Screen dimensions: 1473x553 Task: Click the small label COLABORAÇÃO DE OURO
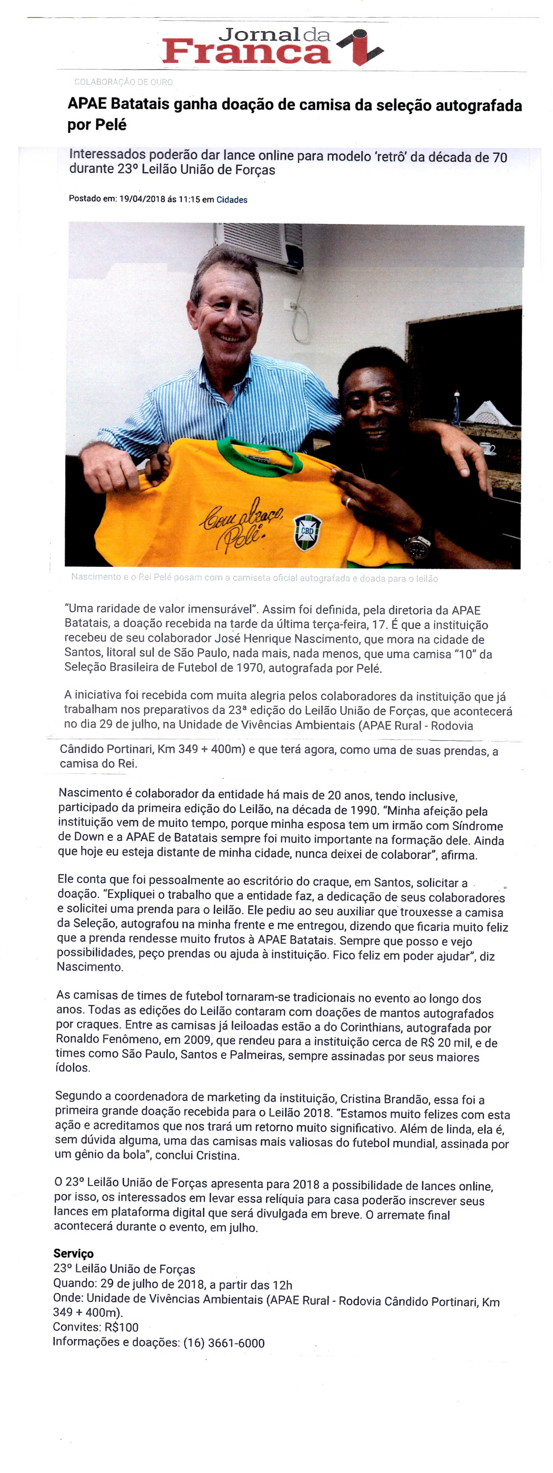pos(123,82)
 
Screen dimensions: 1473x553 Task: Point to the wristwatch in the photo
pos(418,546)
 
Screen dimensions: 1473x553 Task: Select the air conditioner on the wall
pos(260,243)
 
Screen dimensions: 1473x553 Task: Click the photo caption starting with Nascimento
pos(254,578)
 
